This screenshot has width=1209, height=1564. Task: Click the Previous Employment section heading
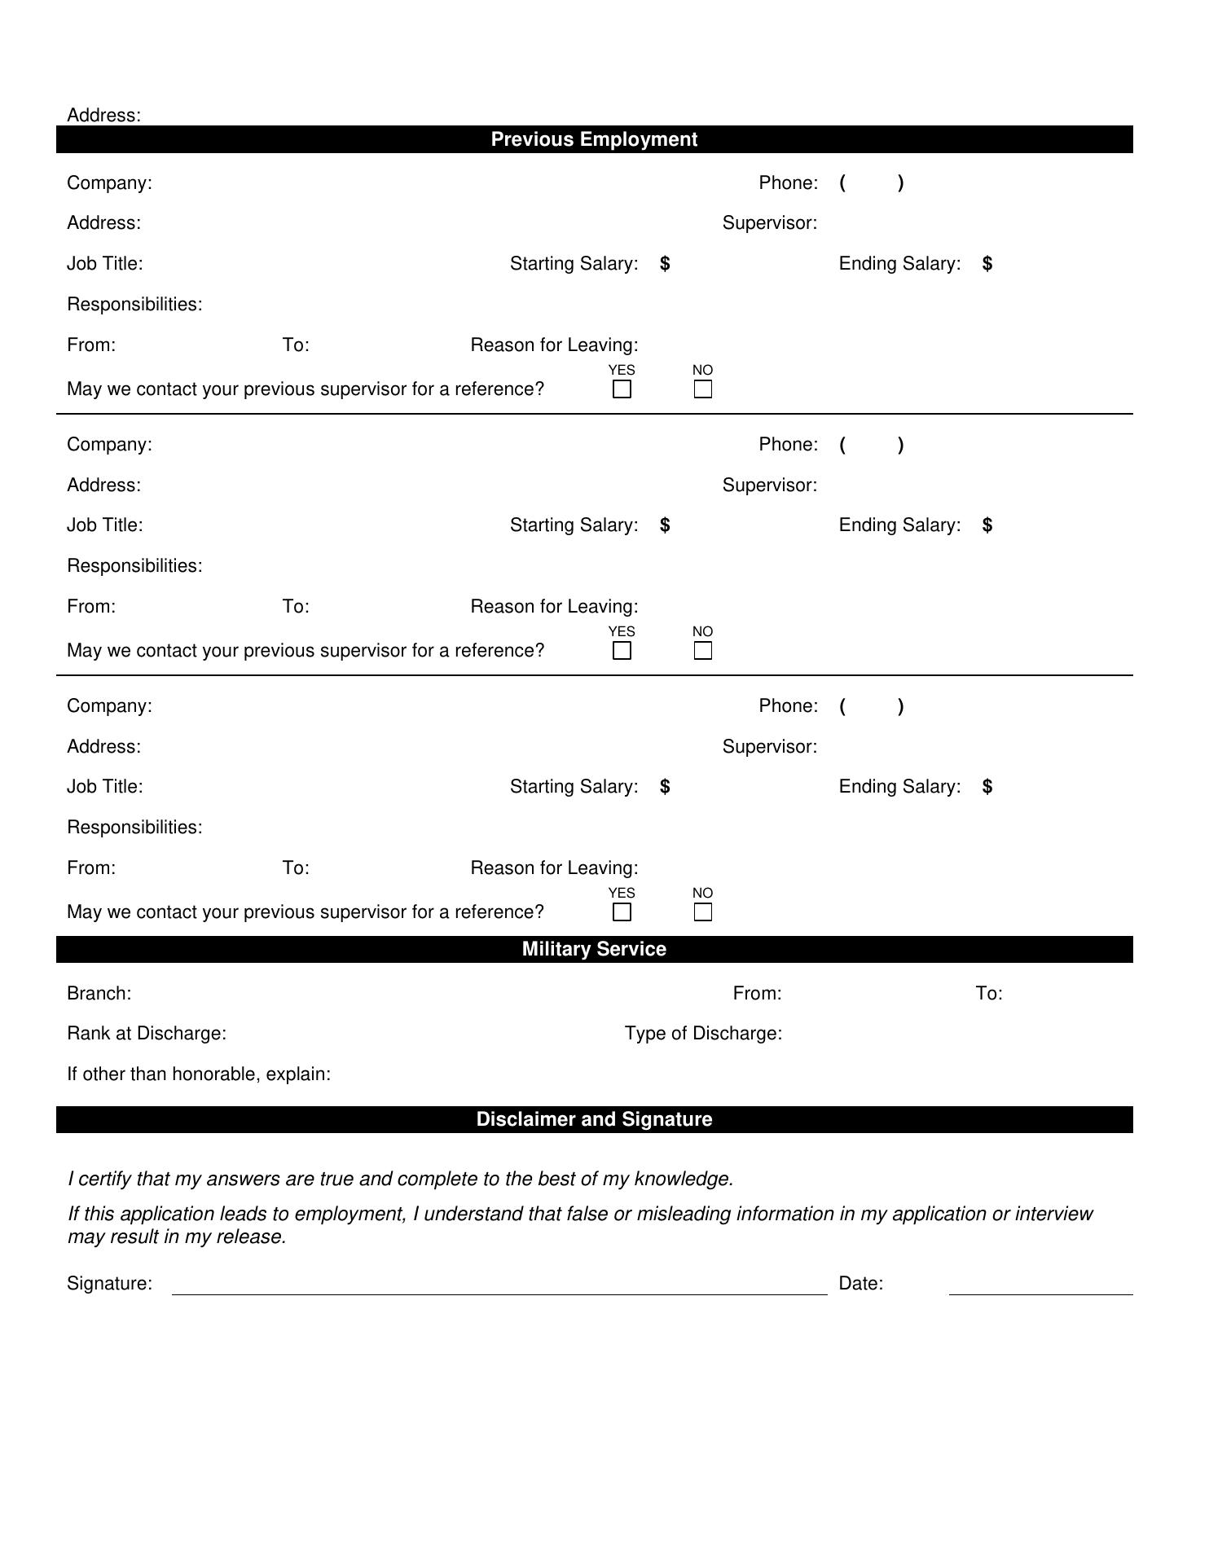pyautogui.click(x=594, y=139)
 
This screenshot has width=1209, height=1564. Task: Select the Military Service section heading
pyautogui.click(x=594, y=949)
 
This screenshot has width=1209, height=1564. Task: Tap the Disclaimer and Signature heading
pyautogui.click(x=594, y=1119)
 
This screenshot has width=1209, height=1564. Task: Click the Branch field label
pyautogui.click(x=99, y=994)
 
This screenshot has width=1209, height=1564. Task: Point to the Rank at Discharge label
pyautogui.click(x=147, y=1034)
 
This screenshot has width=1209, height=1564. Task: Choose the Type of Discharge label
pyautogui.click(x=703, y=1034)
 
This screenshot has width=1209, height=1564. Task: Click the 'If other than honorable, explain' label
pyautogui.click(x=199, y=1074)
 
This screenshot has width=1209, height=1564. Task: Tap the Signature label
pyautogui.click(x=109, y=1284)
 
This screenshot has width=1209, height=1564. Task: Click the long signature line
pyautogui.click(x=499, y=1293)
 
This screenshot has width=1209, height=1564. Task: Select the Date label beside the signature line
pyautogui.click(x=861, y=1284)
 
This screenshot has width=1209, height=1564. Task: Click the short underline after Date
pyautogui.click(x=1040, y=1293)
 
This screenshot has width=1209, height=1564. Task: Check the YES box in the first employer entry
pyautogui.click(x=622, y=389)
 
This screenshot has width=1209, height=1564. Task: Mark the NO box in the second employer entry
pyautogui.click(x=703, y=651)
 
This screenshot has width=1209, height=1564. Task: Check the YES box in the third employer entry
pyautogui.click(x=622, y=912)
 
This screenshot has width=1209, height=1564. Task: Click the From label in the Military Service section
pyautogui.click(x=757, y=994)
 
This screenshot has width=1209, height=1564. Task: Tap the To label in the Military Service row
pyautogui.click(x=989, y=994)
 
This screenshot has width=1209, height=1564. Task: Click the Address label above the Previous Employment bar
pyautogui.click(x=103, y=115)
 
